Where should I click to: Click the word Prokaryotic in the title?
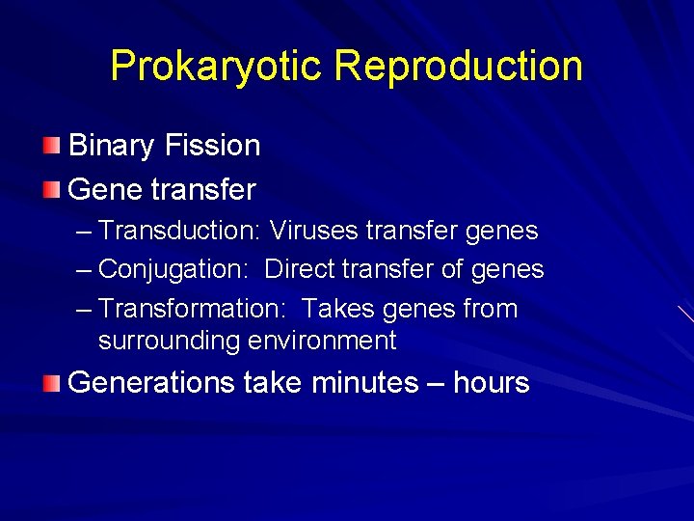[217, 67]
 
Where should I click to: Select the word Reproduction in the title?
[458, 67]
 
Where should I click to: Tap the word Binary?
[112, 146]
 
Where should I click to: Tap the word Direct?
[299, 270]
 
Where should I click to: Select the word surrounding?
[169, 341]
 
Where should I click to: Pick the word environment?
[322, 341]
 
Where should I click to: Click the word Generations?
[151, 383]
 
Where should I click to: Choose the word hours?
[491, 383]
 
